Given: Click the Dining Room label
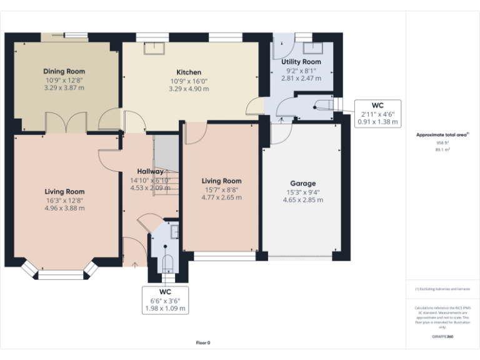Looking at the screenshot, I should point(64,72).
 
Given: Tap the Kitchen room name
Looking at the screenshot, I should point(189,72).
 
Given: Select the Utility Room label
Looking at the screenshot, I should point(301,62).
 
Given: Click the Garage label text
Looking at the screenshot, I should point(302,184).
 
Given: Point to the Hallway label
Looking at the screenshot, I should point(151,171).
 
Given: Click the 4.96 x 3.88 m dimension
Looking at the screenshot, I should point(64,208).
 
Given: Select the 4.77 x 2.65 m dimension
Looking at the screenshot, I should point(222,197).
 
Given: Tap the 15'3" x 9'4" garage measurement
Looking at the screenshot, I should point(302,192).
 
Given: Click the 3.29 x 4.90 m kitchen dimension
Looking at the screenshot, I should point(189,89).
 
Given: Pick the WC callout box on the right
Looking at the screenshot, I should point(377,114).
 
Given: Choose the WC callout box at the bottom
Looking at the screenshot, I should point(165,300).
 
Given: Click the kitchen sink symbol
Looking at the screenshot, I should point(154,47).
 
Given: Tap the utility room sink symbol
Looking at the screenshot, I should point(311,48).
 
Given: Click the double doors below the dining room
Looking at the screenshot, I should point(66,122).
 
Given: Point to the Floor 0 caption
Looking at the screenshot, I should point(203,342).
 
